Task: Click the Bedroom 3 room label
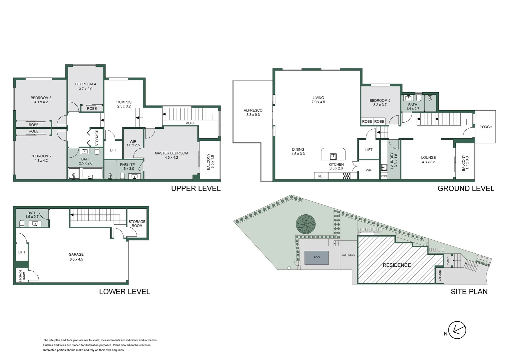(41, 100)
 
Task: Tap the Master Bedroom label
(171, 155)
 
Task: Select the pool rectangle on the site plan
(317, 257)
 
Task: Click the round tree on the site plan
(306, 224)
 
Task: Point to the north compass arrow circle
(457, 330)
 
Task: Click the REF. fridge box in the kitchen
(321, 176)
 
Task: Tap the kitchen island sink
(333, 156)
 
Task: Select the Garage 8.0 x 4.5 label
(76, 257)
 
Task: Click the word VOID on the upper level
(190, 123)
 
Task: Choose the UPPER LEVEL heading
(196, 188)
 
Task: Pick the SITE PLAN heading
(469, 292)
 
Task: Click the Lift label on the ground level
(369, 150)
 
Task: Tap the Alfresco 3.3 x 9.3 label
(253, 112)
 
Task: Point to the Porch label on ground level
(486, 127)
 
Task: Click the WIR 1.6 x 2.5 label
(133, 143)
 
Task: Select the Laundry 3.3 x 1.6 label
(394, 160)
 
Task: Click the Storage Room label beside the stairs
(137, 223)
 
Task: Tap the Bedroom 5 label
(380, 102)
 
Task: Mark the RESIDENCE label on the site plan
(397, 265)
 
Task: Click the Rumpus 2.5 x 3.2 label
(124, 104)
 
